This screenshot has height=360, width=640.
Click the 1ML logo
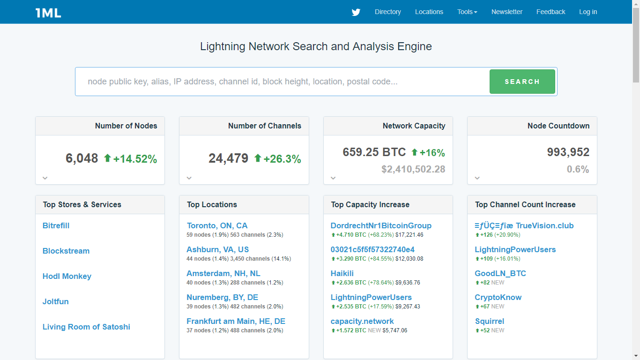pyautogui.click(x=48, y=13)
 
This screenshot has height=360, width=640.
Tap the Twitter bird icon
pyautogui.click(x=356, y=12)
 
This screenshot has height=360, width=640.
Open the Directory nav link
pyautogui.click(x=387, y=12)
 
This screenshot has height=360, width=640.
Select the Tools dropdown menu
pyautogui.click(x=467, y=12)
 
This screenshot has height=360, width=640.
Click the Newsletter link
pyautogui.click(x=506, y=12)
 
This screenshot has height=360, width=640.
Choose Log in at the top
pyautogui.click(x=588, y=12)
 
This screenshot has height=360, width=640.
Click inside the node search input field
pyautogui.click(x=281, y=82)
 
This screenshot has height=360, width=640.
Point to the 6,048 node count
pyautogui.click(x=82, y=158)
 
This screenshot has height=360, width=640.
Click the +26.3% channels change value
pyautogui.click(x=282, y=159)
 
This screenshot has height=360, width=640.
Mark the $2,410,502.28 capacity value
pyautogui.click(x=413, y=169)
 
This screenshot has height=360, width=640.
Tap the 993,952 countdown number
pyautogui.click(x=568, y=152)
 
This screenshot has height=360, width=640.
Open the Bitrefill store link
pyautogui.click(x=56, y=225)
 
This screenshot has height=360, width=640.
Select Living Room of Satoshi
pyautogui.click(x=86, y=327)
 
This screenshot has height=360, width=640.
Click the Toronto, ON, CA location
pyautogui.click(x=217, y=225)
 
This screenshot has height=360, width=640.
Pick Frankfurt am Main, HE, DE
pyautogui.click(x=236, y=321)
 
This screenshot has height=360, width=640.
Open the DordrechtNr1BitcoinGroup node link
pyautogui.click(x=381, y=225)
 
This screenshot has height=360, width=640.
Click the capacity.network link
pyautogui.click(x=362, y=321)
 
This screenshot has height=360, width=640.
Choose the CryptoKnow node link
pyautogui.click(x=498, y=297)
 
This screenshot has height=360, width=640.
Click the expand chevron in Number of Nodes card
pyautogui.click(x=45, y=178)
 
